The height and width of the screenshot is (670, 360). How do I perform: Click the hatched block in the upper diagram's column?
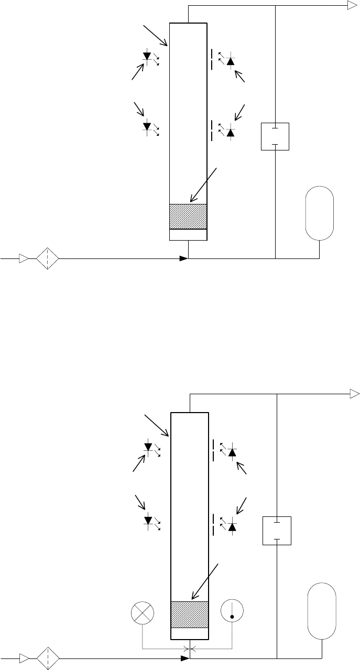pos(188,216)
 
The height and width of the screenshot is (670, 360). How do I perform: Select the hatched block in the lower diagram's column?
pos(190,614)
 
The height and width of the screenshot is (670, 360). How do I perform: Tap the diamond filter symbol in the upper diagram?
pos(47,258)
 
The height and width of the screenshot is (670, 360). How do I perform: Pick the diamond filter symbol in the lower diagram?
pos(47,658)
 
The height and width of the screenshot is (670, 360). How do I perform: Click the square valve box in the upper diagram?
pos(275,136)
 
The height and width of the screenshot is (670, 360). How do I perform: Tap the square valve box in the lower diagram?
pos(276,531)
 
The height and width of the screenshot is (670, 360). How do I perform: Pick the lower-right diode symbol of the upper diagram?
pos(230,133)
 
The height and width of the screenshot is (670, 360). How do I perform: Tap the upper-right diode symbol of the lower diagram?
pos(232,452)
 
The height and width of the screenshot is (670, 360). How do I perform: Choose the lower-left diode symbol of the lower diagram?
pos(148,521)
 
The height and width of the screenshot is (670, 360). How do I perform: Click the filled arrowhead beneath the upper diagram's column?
pos(183,258)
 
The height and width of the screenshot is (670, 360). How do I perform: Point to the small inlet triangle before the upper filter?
pos(24,258)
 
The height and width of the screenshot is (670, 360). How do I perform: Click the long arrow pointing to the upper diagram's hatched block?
pos(204,185)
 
